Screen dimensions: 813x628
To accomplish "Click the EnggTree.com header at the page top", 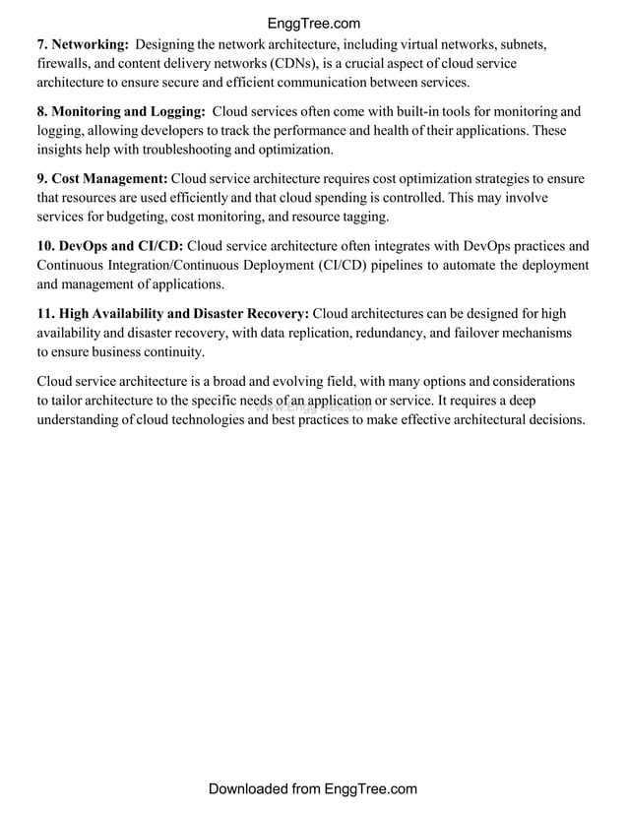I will point(313,24).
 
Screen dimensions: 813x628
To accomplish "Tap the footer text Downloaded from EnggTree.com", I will point(313,789).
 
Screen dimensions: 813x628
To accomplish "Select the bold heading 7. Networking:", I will point(83,44).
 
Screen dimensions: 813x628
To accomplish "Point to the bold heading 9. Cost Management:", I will point(102,178).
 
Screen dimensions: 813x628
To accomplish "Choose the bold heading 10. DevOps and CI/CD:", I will point(109,245).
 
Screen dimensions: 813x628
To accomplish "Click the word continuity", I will point(173,351).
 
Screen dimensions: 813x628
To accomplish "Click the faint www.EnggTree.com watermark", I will point(313,406).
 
